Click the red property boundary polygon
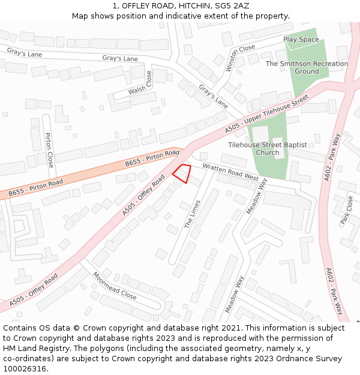pyautogui.click(x=183, y=173)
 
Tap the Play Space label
pyautogui.click(x=301, y=40)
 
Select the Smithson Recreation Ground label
pyautogui.click(x=307, y=67)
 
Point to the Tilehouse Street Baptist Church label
pyautogui.click(x=267, y=149)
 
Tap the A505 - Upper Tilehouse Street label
pyautogui.click(x=266, y=114)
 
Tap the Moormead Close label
pyautogui.click(x=114, y=286)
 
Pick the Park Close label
pyautogui.click(x=347, y=210)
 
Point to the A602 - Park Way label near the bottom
pyautogui.click(x=334, y=291)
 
